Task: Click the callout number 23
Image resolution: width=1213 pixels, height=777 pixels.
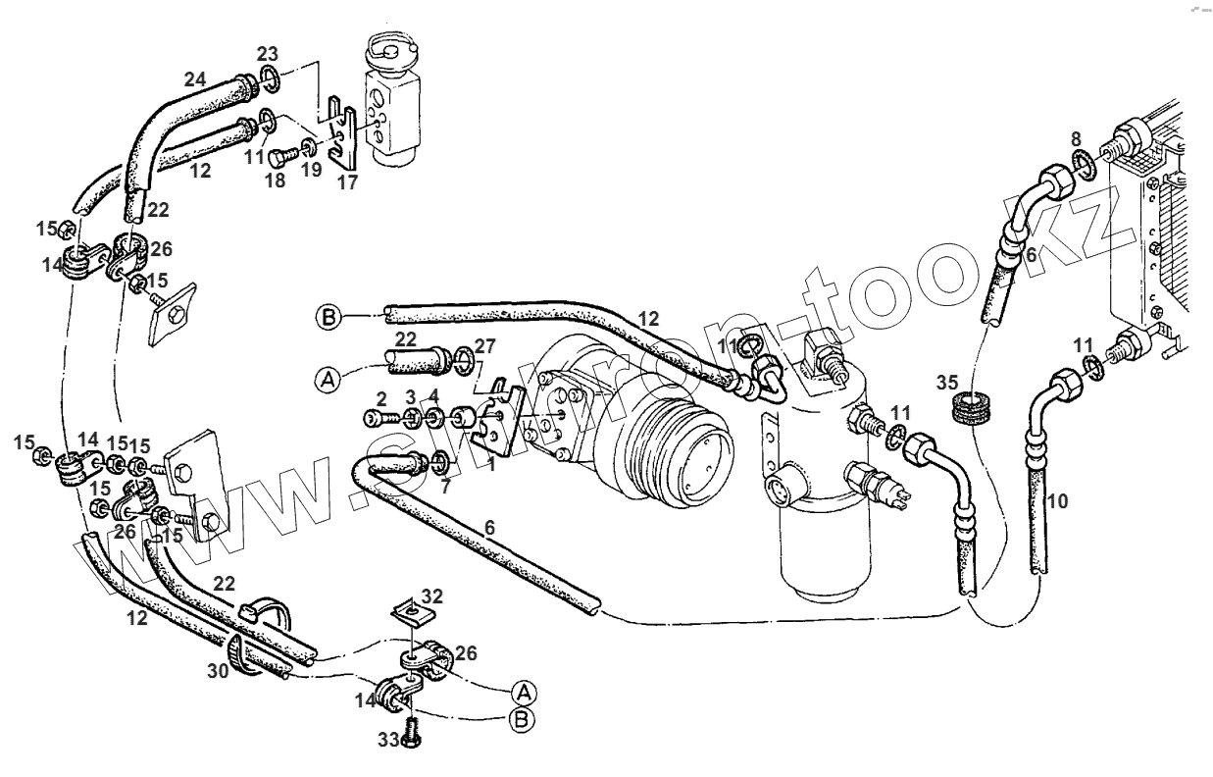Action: [x=268, y=53]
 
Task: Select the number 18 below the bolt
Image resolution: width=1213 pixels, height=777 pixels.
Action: [x=278, y=181]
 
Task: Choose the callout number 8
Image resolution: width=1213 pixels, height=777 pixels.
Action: [x=1076, y=138]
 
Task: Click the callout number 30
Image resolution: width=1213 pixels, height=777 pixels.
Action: [x=217, y=670]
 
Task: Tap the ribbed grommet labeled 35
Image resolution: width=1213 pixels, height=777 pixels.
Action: [x=973, y=409]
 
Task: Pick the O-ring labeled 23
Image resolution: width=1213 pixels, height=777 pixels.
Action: [x=269, y=78]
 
